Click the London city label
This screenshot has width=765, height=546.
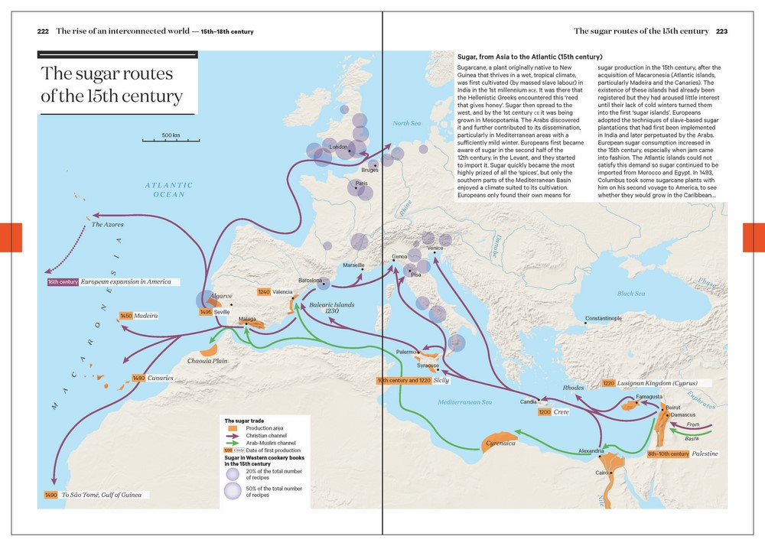[337, 147]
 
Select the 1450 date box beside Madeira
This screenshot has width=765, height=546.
[126, 316]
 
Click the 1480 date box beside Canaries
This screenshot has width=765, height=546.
[138, 378]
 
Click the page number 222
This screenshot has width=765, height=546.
[43, 31]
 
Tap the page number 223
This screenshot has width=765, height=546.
[721, 31]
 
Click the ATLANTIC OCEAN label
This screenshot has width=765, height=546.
[169, 190]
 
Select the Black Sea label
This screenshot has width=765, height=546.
[631, 294]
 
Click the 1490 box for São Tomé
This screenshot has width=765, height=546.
[51, 495]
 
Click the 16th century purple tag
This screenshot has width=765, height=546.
[63, 281]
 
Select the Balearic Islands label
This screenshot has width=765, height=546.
[332, 307]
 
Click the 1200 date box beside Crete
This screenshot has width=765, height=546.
[544, 412]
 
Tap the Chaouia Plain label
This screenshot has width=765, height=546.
[207, 361]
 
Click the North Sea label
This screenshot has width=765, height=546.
[406, 123]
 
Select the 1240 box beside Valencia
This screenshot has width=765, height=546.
[264, 292]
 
